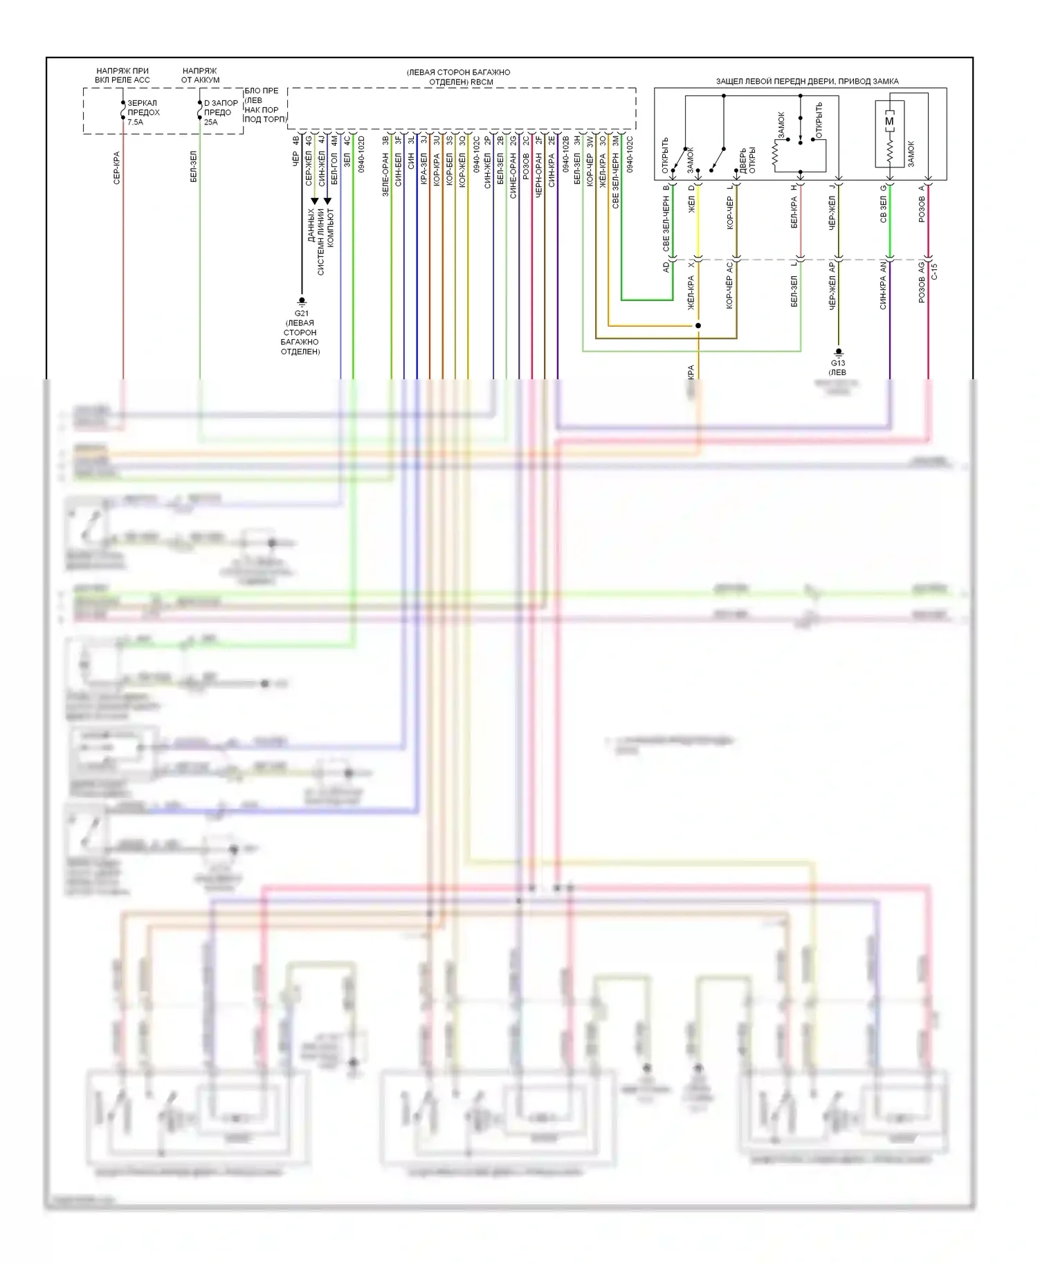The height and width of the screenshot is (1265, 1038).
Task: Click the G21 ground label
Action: [x=301, y=313]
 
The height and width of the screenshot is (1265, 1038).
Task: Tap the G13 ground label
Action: [x=838, y=363]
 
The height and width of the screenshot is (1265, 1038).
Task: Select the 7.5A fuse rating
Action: [x=135, y=122]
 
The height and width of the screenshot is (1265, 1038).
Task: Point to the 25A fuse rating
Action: [x=210, y=122]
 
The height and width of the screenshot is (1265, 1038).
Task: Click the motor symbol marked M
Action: [x=889, y=121]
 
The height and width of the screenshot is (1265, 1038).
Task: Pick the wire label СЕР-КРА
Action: [x=117, y=167]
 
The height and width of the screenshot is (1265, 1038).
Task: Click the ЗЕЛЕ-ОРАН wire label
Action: [x=386, y=174]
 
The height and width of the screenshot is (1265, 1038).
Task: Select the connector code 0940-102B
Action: [x=566, y=154]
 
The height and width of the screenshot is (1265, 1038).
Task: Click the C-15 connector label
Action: [x=934, y=271]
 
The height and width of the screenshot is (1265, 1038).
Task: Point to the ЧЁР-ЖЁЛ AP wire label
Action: [x=832, y=284]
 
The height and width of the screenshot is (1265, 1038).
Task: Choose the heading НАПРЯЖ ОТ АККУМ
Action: [x=200, y=75]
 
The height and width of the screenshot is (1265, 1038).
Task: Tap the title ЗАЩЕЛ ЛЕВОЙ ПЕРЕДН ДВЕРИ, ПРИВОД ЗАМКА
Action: [x=807, y=82]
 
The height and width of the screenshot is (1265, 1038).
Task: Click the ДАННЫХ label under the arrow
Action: [x=311, y=225]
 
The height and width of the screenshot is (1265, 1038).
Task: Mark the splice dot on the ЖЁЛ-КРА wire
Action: [x=698, y=325]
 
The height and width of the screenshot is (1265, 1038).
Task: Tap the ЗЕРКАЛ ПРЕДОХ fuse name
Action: [x=143, y=107]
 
